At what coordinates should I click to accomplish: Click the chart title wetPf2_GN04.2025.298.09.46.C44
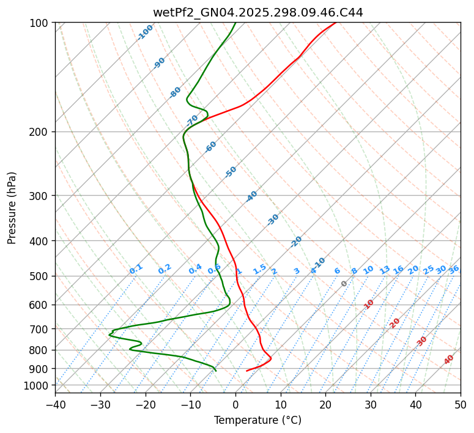(257, 13)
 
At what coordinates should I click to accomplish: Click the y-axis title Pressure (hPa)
(12, 207)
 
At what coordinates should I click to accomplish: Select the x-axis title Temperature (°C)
(257, 420)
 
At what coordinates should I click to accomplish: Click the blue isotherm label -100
(146, 32)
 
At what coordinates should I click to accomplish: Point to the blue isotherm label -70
(192, 119)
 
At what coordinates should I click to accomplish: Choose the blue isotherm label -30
(273, 220)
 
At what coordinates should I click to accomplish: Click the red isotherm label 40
(449, 360)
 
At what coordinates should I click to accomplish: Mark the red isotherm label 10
(369, 304)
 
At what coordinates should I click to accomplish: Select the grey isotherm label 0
(344, 284)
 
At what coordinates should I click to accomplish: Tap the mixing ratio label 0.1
(136, 269)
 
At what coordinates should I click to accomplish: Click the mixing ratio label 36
(454, 269)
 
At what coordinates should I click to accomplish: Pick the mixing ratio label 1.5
(259, 269)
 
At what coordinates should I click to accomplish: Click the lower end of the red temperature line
(246, 371)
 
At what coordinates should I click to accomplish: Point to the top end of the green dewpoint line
(235, 23)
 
